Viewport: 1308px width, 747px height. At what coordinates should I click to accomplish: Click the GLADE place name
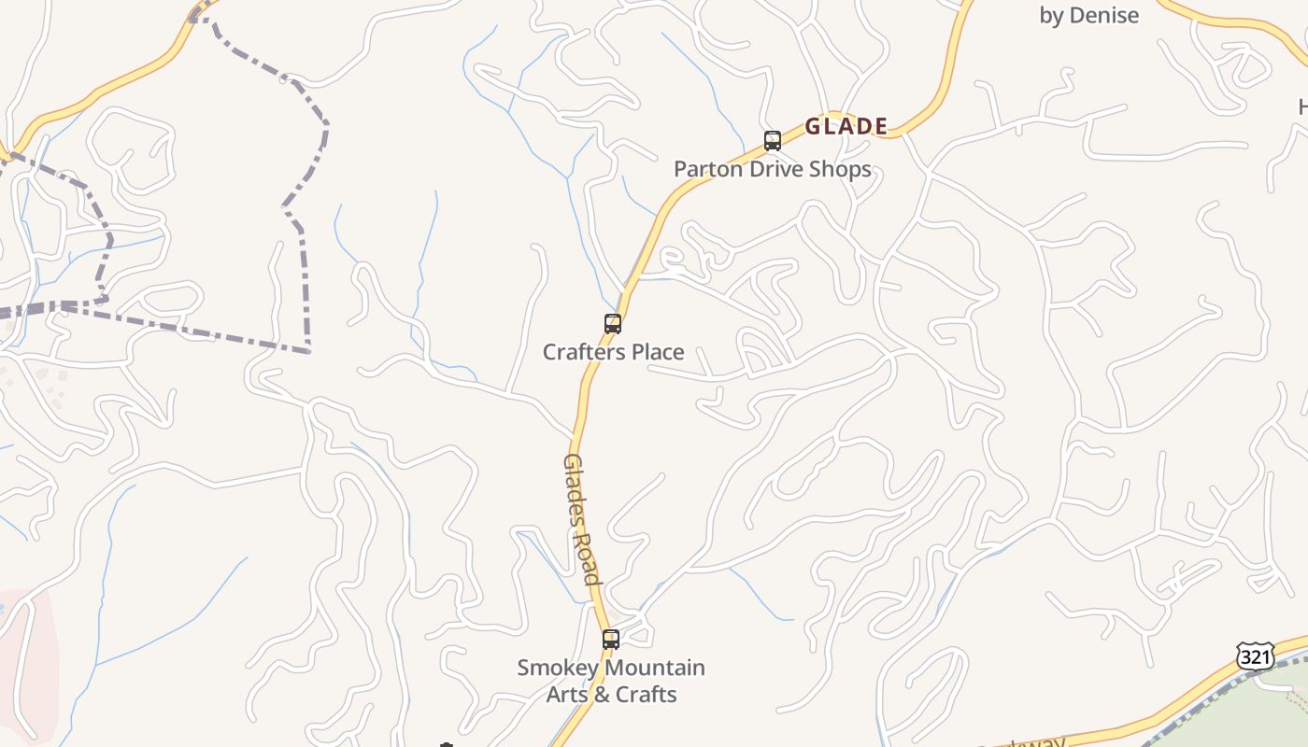point(846,126)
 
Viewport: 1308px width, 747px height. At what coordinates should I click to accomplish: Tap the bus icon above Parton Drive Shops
point(773,141)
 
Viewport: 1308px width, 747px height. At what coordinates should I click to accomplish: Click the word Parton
point(708,169)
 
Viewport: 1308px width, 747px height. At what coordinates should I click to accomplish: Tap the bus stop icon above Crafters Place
point(613,324)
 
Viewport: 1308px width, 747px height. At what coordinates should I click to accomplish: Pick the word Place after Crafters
point(661,352)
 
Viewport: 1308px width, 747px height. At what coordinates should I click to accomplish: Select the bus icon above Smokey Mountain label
point(611,640)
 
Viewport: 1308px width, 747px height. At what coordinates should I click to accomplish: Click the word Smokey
point(556,669)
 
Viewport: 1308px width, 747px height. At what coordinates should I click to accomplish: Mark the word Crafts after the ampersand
point(646,695)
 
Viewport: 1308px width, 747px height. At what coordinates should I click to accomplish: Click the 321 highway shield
point(1255,656)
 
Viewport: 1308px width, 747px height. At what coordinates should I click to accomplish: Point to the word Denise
point(1104,15)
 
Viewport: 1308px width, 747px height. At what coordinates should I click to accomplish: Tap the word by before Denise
point(1052,16)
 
